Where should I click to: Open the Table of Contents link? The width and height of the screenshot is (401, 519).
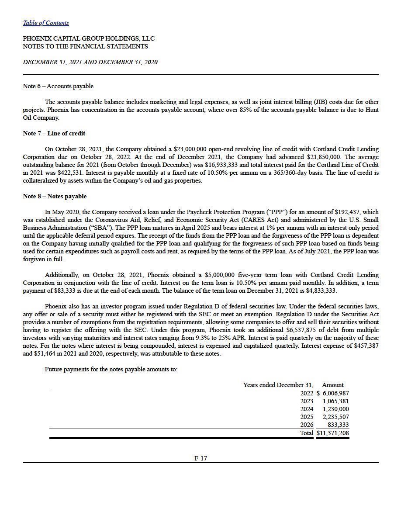click(46, 23)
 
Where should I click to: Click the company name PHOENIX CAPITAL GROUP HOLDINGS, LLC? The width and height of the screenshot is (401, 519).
click(89, 38)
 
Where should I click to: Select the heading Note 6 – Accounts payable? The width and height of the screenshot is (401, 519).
click(58, 86)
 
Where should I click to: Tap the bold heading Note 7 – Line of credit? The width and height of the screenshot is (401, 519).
click(54, 133)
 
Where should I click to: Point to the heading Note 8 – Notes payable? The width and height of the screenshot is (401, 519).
click(55, 196)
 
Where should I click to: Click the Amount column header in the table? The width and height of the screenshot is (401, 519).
click(332, 385)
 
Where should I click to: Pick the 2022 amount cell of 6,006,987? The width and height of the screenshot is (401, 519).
click(335, 393)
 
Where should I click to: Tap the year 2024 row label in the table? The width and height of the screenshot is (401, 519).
click(307, 409)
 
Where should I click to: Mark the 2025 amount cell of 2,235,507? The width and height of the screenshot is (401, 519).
click(335, 417)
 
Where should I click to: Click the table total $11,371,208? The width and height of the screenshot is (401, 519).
click(332, 433)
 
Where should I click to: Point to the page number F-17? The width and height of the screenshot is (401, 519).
click(200, 458)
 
